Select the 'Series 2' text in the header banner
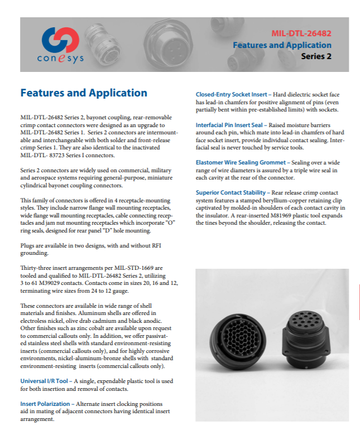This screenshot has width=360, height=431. click(x=316, y=56)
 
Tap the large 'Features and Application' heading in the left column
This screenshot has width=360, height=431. click(x=84, y=93)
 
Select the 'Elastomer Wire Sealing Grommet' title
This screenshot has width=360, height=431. click(x=239, y=162)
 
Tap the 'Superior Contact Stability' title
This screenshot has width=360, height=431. click(x=230, y=192)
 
